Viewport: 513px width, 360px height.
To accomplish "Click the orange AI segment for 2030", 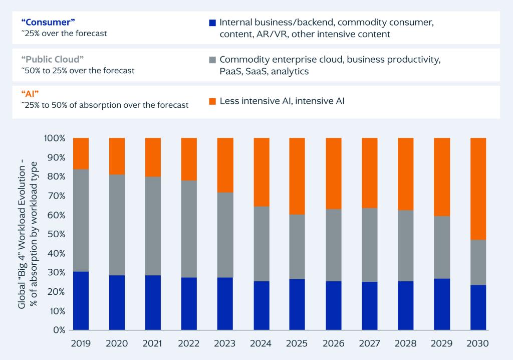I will tap(478, 189).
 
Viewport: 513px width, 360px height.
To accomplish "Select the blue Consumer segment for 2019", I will tap(81, 301).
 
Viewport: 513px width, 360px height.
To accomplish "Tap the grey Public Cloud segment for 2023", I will tap(225, 235).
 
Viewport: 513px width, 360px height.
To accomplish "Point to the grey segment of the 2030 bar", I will tap(478, 262).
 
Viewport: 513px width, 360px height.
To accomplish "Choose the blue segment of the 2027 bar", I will tap(370, 306).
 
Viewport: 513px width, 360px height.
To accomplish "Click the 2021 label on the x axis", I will tap(153, 344).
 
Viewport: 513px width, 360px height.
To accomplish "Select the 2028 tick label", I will tap(406, 344).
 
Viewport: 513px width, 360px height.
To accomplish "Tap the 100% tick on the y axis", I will tap(55, 138).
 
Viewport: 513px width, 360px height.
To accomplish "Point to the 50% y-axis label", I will tap(57, 234).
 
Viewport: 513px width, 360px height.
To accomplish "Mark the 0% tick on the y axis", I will tap(59, 330).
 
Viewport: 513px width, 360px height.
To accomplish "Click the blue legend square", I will tap(212, 23).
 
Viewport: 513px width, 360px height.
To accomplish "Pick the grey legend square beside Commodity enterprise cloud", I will tap(212, 60).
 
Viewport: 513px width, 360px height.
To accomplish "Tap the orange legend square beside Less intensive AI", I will tap(212, 101).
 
